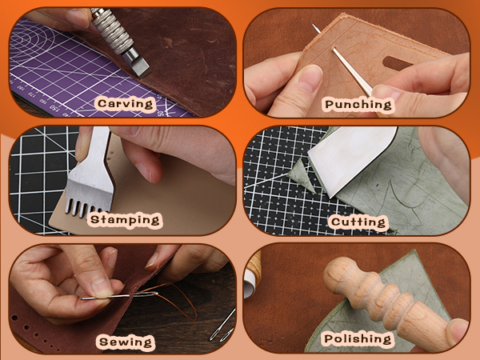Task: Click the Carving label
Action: [126, 104]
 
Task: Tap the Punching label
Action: [358, 104]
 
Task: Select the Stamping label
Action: [126, 219]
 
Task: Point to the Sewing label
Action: [125, 342]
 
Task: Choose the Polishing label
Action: [358, 339]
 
